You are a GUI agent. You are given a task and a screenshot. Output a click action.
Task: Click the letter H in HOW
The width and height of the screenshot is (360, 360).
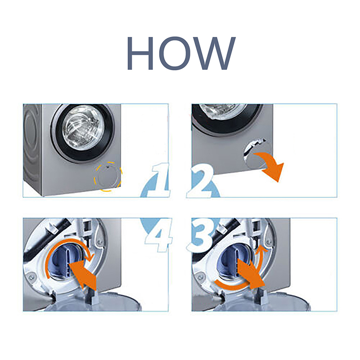[140, 53]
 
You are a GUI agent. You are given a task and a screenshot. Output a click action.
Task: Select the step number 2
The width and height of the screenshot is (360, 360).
[200, 181]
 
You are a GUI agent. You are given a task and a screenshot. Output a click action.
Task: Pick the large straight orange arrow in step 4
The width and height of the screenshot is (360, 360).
[83, 275]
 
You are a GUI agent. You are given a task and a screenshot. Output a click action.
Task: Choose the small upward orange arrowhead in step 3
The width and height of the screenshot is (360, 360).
[261, 249]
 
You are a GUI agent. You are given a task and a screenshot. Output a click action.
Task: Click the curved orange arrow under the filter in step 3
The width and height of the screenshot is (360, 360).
[232, 287]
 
